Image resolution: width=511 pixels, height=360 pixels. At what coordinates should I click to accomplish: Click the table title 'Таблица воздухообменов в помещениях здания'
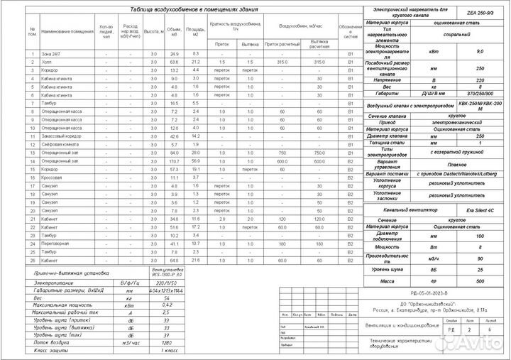click(x=193, y=9)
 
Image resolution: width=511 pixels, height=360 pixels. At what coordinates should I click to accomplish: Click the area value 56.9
click(x=197, y=160)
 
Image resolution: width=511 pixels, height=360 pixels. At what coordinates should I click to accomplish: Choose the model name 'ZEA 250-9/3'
click(x=480, y=12)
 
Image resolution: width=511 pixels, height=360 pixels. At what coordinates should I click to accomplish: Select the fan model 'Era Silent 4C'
click(x=479, y=211)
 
